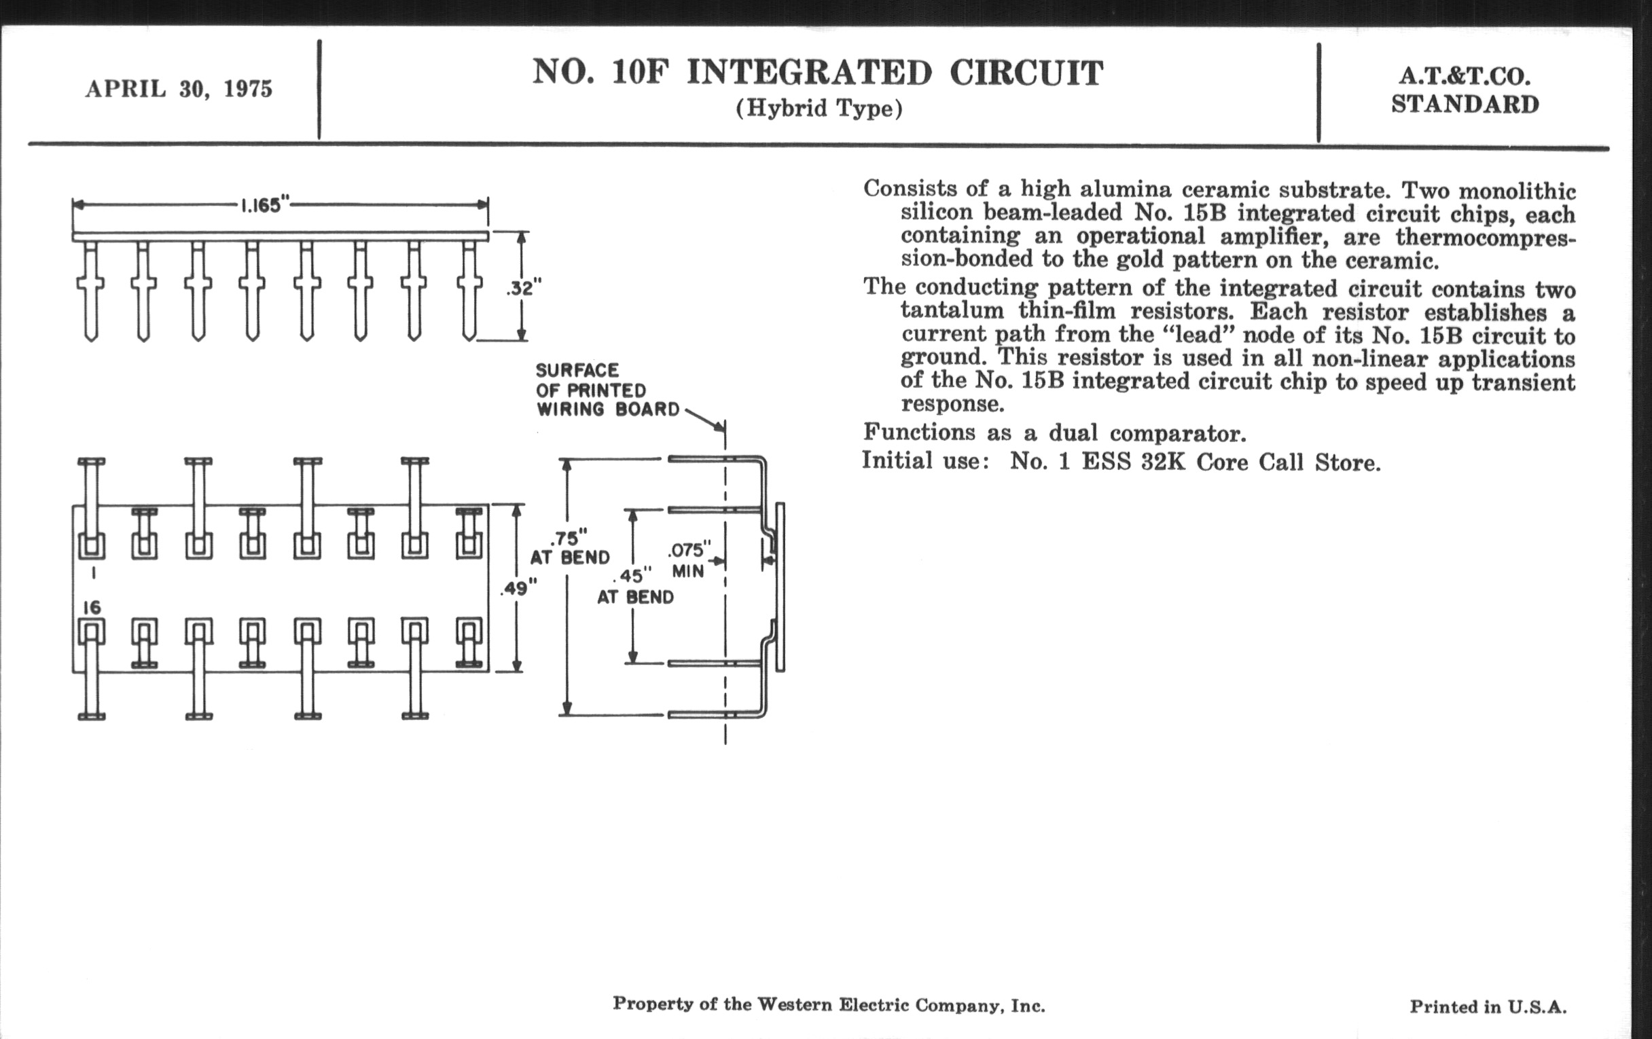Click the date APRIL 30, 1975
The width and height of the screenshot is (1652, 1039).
[x=179, y=89]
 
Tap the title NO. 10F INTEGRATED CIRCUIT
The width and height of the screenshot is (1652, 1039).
[x=817, y=73]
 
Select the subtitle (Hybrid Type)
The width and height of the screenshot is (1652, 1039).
[x=819, y=109]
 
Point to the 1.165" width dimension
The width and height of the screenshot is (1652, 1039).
[x=264, y=205]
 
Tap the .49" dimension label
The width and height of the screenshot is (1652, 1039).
[x=519, y=588]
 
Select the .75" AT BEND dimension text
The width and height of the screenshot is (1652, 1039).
[x=569, y=547]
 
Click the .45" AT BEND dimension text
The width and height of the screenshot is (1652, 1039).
[x=635, y=586]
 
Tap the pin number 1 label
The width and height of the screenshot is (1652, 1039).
[x=92, y=570]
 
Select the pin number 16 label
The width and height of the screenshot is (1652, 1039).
[x=92, y=607]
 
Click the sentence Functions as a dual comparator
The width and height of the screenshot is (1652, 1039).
[x=1054, y=433]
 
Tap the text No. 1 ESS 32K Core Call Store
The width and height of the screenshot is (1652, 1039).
[x=1194, y=462]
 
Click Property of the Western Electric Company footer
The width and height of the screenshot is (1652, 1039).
[x=828, y=1005]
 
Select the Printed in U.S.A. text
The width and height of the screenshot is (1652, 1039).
[x=1488, y=1007]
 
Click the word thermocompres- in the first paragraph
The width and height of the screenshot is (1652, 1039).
[x=1485, y=237]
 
